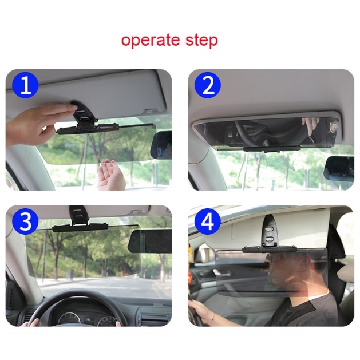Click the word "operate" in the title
[x=150, y=41]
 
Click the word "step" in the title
[x=201, y=41]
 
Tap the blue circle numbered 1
[x=25, y=85]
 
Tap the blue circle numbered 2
[x=208, y=85]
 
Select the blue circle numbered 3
[x=25, y=222]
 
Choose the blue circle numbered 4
[x=208, y=222]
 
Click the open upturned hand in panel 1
[x=111, y=174]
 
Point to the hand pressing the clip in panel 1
[x=38, y=124]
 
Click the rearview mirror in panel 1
[x=161, y=145]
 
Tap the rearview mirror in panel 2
[x=339, y=169]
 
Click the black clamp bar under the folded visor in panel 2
[x=272, y=149]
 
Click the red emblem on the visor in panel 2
[x=333, y=126]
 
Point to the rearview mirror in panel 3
[x=150, y=241]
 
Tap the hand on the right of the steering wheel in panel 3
[x=118, y=323]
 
